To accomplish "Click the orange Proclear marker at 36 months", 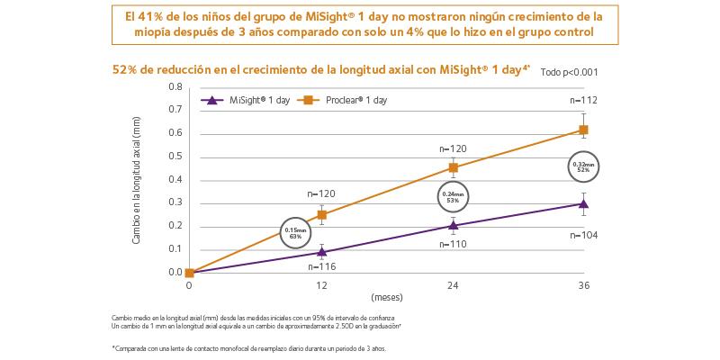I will coord(584,130).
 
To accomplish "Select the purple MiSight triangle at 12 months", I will coord(321,252).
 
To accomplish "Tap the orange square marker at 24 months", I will coord(453,167).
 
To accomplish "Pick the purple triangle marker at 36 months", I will coord(584,203).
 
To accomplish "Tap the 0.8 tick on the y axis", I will coord(175,87).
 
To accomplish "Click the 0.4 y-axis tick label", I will coord(175,179).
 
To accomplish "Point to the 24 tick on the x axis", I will coord(453,286).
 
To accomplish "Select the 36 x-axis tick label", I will coord(584,286).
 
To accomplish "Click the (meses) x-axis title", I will coord(386,296).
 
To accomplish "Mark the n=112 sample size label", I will coord(584,100).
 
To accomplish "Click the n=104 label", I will coord(584,234).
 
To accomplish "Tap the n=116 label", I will coord(321,268).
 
